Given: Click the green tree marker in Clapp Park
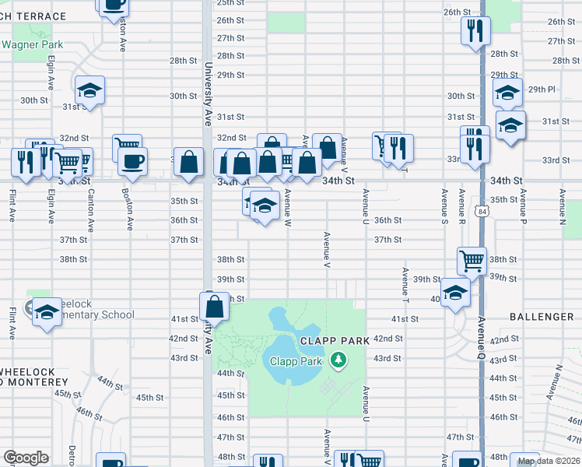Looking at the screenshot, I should point(338,360).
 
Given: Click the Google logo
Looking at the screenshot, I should point(26,458).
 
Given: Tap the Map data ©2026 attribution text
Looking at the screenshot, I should point(549,461).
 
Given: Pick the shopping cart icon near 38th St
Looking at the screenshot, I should point(472,262).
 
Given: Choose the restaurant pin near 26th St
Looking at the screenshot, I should point(474,30).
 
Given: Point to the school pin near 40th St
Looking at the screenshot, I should point(455,293).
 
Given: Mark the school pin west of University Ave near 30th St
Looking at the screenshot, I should point(89,90).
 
